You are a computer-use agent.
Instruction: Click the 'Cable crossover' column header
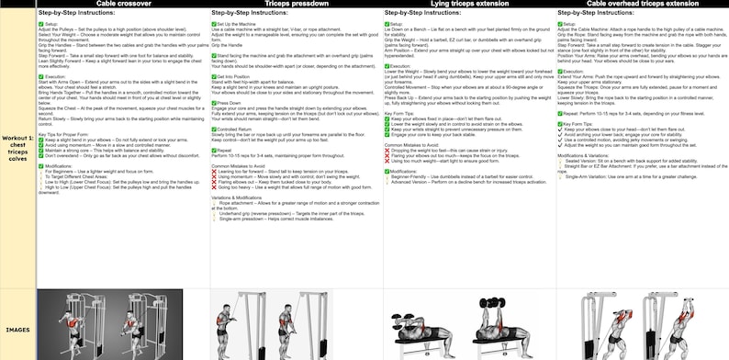tap(123, 4)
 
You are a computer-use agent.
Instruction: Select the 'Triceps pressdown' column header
tap(296, 4)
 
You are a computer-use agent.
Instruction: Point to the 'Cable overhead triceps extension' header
tap(642, 4)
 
